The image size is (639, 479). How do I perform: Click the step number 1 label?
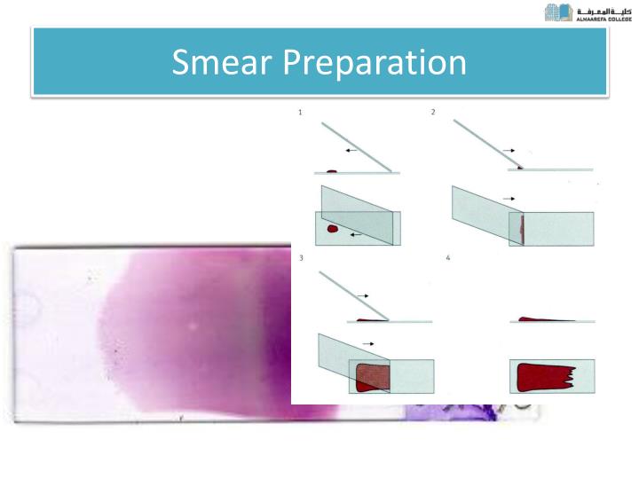tap(301, 113)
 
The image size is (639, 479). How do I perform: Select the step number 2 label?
tap(433, 113)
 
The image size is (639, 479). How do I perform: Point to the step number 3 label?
tap(302, 257)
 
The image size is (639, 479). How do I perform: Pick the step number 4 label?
tap(448, 257)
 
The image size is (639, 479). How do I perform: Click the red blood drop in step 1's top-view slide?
tap(333, 229)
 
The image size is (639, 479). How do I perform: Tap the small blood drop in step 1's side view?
tap(331, 170)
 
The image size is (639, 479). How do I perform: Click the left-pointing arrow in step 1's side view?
tap(352, 152)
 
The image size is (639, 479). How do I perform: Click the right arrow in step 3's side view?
tap(367, 292)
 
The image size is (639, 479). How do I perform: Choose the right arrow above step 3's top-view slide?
tap(368, 342)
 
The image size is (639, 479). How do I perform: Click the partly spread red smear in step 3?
tap(373, 376)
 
